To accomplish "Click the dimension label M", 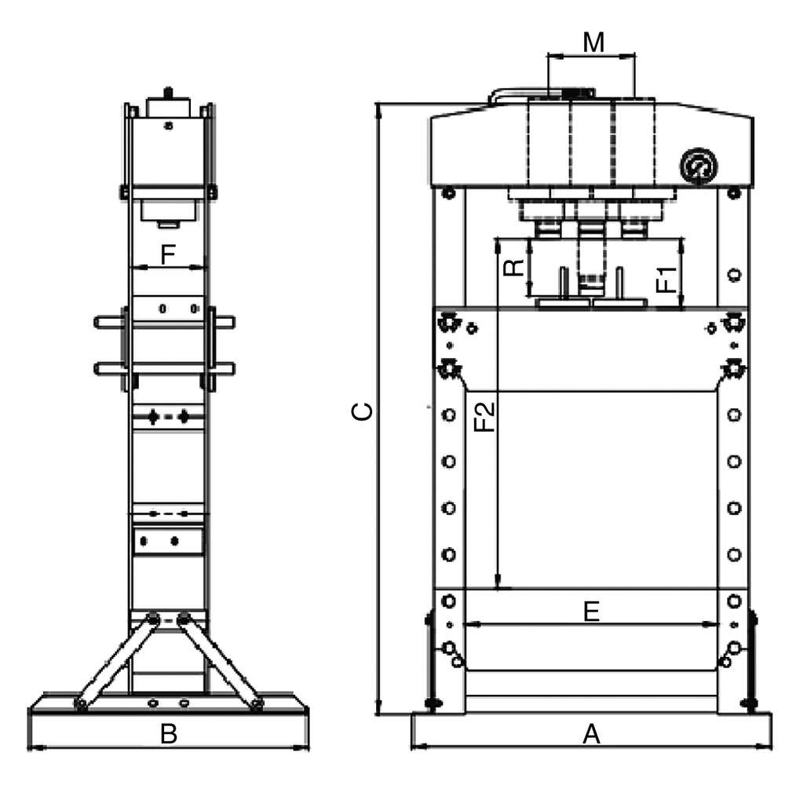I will pyautogui.click(x=593, y=42).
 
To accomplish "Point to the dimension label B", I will pyautogui.click(x=169, y=734).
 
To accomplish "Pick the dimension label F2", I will pyautogui.click(x=486, y=416).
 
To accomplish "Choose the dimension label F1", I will pyautogui.click(x=666, y=279).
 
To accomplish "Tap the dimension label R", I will pyautogui.click(x=513, y=268).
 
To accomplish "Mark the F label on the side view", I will pyautogui.click(x=167, y=254).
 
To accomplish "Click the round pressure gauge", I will pyautogui.click(x=699, y=166).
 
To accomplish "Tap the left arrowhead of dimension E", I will pyautogui.click(x=470, y=625).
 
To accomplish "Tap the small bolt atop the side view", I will pyautogui.click(x=168, y=93).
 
